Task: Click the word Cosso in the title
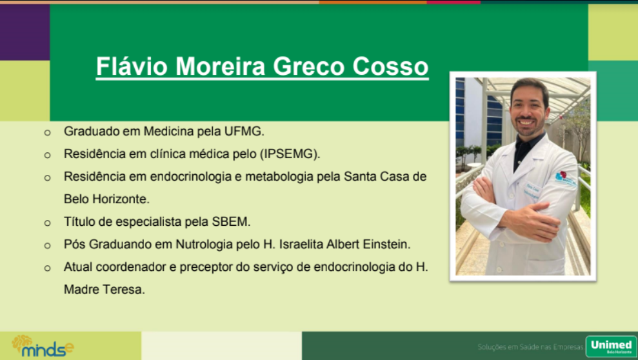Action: click(390, 66)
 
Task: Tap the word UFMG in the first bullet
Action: click(244, 132)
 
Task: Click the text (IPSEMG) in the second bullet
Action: click(290, 154)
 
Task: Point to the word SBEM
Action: click(231, 222)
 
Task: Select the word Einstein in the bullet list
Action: click(386, 245)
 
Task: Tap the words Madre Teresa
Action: click(104, 290)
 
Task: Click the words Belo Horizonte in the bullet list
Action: click(106, 199)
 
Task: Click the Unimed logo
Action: click(611, 346)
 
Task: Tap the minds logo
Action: click(43, 346)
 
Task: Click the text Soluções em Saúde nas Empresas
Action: click(530, 347)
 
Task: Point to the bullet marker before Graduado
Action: click(48, 133)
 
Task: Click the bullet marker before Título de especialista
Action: click(48, 223)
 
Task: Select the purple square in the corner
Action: click(25, 32)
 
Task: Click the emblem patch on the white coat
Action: click(565, 178)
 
